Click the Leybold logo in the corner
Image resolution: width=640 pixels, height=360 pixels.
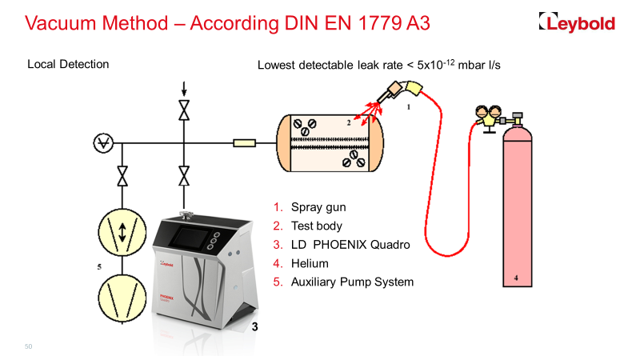pos(577,23)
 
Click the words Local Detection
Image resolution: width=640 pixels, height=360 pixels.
pos(68,64)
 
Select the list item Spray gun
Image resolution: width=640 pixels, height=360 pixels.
pos(318,207)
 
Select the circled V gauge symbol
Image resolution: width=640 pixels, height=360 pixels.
pos(102,144)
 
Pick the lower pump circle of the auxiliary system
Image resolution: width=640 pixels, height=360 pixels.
pos(122,298)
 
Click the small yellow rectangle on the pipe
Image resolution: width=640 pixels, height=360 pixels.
pos(244,144)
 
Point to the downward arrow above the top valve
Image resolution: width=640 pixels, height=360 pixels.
pos(185,87)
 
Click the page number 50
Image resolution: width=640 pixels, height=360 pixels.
pos(29,346)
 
